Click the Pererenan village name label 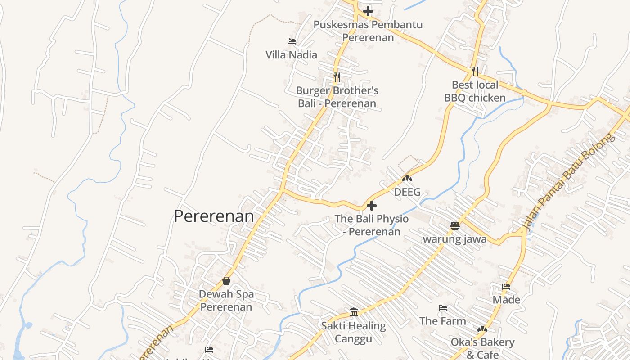(x=214, y=216)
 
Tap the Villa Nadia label (x=291, y=55)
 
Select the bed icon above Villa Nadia (x=292, y=41)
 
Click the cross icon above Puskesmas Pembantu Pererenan (x=368, y=11)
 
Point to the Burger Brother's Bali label (x=337, y=97)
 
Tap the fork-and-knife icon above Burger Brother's (x=337, y=77)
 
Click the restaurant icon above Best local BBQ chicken (x=475, y=71)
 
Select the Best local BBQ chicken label (x=475, y=91)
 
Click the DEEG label (x=407, y=192)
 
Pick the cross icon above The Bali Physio (x=372, y=206)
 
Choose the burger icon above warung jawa (x=454, y=225)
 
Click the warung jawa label (x=454, y=239)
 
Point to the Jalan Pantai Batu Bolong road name (x=569, y=182)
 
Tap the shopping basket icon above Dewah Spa (x=226, y=281)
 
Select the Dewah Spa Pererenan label (x=226, y=301)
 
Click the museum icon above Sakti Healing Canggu (x=354, y=312)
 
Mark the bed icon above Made (x=506, y=287)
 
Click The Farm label (x=443, y=321)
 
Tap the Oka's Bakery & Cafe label (x=482, y=348)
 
